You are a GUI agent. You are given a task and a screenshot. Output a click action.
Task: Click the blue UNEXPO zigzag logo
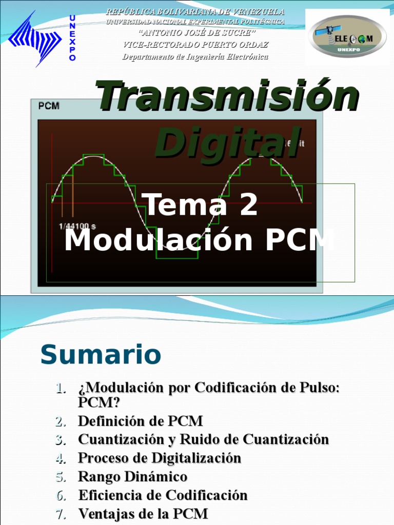click(36, 38)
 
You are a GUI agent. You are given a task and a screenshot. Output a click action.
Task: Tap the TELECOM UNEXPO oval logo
click(347, 36)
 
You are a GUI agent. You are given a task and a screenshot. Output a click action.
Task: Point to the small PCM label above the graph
click(49, 106)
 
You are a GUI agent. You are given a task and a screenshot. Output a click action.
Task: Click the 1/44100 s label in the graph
click(77, 226)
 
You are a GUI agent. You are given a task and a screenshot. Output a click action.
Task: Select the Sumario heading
click(101, 355)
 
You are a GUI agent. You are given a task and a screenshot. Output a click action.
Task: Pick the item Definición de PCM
click(140, 421)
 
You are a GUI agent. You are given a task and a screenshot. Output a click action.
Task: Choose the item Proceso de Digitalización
click(159, 458)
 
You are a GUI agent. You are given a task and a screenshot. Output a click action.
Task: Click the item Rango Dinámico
click(132, 476)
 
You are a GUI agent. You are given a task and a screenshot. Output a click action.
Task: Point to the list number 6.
click(61, 495)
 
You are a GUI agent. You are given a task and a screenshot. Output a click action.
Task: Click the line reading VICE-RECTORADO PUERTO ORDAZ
click(195, 45)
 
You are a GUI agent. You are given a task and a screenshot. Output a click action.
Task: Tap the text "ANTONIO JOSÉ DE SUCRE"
click(195, 33)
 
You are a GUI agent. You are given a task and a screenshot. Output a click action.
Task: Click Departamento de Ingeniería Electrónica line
click(195, 56)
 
